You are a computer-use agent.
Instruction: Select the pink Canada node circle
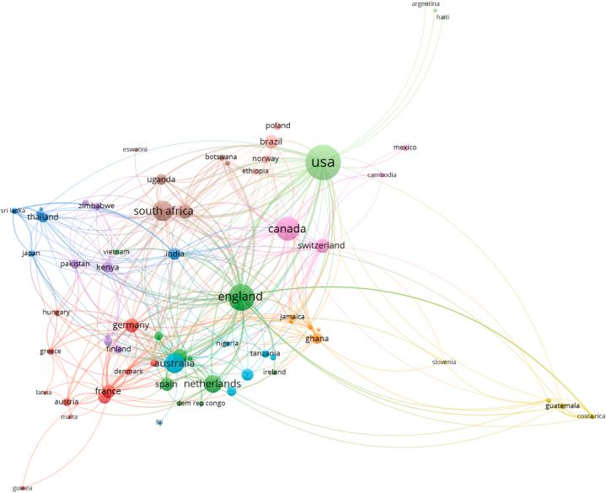point(287,229)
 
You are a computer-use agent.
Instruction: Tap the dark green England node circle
point(240,297)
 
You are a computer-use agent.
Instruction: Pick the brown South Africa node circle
point(163,212)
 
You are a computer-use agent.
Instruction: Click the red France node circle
point(105,392)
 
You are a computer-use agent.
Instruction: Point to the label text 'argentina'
point(426,4)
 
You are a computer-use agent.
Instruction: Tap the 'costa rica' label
point(591,416)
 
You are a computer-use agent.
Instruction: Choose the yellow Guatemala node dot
point(549,401)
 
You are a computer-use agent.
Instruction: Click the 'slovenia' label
point(444,362)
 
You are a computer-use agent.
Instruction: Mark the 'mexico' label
point(405,147)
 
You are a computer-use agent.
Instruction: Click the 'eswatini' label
point(135,149)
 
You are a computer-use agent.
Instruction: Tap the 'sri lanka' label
point(13,210)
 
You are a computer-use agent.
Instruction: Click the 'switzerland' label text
point(320,246)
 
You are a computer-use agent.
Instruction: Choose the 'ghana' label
point(316,339)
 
